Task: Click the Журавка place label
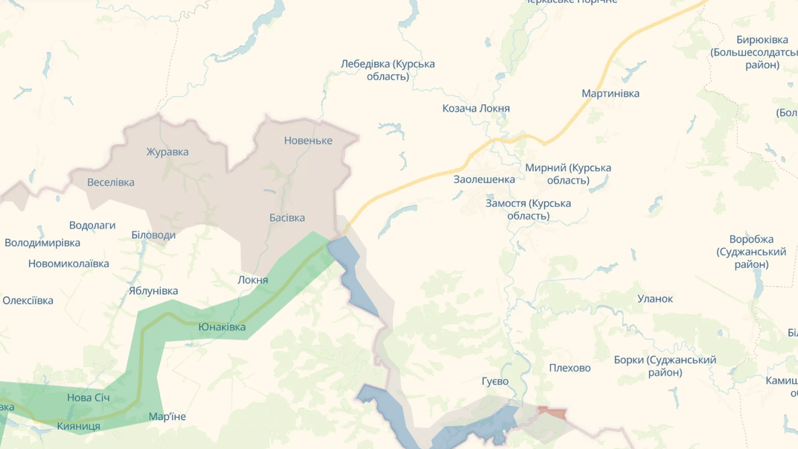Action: point(167,152)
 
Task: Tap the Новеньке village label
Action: point(308,141)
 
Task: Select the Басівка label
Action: point(287,218)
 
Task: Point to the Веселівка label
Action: point(111,182)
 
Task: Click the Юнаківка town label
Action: point(222,327)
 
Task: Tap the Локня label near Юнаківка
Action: point(252,280)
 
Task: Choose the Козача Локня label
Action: point(476,109)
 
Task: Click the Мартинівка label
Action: point(610,94)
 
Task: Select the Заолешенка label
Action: point(484,179)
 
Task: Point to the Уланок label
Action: point(655,299)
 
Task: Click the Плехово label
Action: point(569,368)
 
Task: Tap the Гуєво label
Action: point(495,381)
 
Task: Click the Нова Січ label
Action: point(89,398)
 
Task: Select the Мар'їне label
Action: point(167,416)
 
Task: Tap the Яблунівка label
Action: point(153,290)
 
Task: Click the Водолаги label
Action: point(92,225)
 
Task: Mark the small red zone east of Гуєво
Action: point(552,412)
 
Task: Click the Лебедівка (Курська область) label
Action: point(388,70)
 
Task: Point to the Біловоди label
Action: point(153,235)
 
